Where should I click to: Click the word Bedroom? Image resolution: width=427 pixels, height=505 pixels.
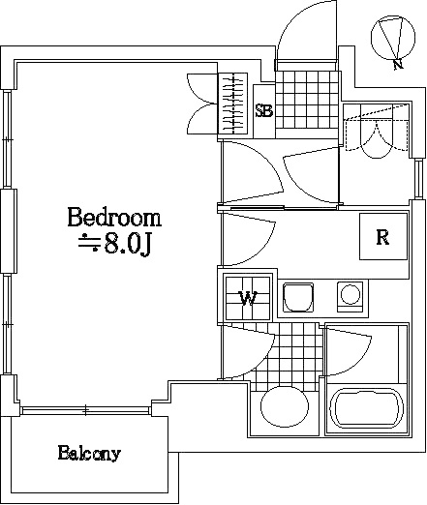click(114, 218)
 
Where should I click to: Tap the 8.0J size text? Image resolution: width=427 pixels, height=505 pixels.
click(127, 246)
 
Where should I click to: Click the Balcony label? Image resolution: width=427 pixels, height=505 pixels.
click(89, 454)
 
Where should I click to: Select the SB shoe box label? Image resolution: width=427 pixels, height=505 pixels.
click(264, 111)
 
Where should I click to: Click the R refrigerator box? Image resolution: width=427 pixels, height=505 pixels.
click(383, 236)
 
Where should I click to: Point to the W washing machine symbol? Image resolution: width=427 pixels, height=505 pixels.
click(248, 298)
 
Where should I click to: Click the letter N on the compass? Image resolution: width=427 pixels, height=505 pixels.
click(399, 65)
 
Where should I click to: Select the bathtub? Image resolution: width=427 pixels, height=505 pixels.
click(366, 407)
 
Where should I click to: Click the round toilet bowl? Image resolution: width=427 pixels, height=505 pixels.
click(285, 406)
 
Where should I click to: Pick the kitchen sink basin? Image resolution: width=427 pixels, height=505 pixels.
click(298, 297)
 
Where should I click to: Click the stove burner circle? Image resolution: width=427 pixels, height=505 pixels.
click(351, 295)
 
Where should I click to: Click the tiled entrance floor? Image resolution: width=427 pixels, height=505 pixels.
click(307, 100)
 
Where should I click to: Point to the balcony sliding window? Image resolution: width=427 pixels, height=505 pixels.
click(85, 411)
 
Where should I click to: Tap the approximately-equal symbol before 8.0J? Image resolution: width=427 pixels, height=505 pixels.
click(89, 243)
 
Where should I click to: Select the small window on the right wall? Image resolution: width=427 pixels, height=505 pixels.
click(418, 179)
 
